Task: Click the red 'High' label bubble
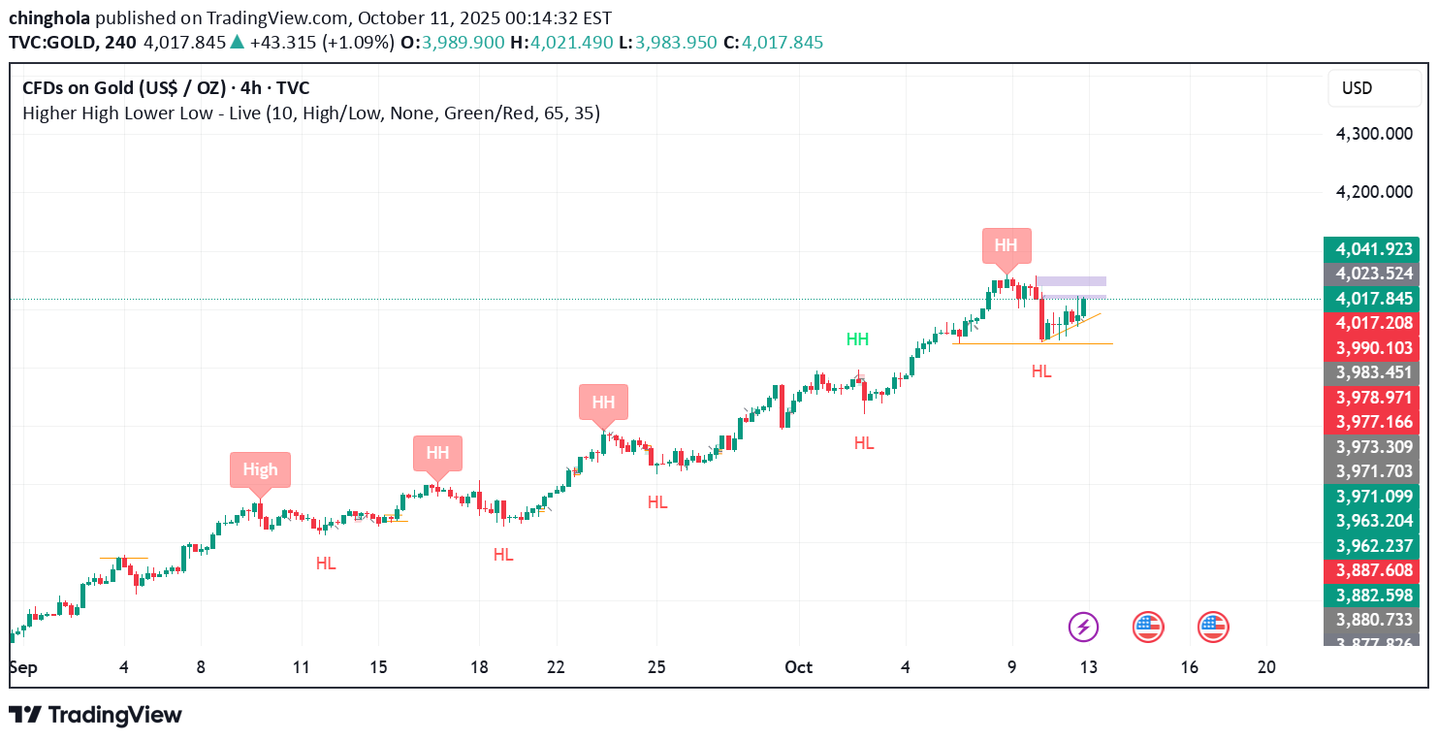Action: coord(260,469)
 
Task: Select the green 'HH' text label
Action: coord(857,339)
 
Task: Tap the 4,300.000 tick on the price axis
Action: coord(1374,134)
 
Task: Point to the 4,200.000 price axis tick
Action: coord(1374,192)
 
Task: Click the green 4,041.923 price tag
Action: coord(1371,248)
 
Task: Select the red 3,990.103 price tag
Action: coord(1371,348)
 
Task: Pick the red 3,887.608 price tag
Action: coord(1371,570)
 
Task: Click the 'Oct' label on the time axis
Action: coord(798,667)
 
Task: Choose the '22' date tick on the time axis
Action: coord(556,667)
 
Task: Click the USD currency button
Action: coord(1357,88)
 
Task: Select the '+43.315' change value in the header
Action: coord(278,43)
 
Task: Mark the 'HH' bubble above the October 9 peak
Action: coord(1007,245)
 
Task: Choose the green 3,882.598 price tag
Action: coord(1371,595)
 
